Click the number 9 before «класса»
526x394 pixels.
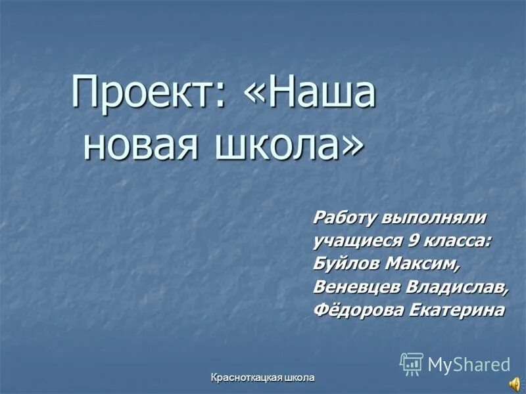pos(414,241)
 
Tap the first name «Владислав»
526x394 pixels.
pos(456,288)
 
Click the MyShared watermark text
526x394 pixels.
pos(469,364)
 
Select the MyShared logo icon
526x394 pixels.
pos(412,363)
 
